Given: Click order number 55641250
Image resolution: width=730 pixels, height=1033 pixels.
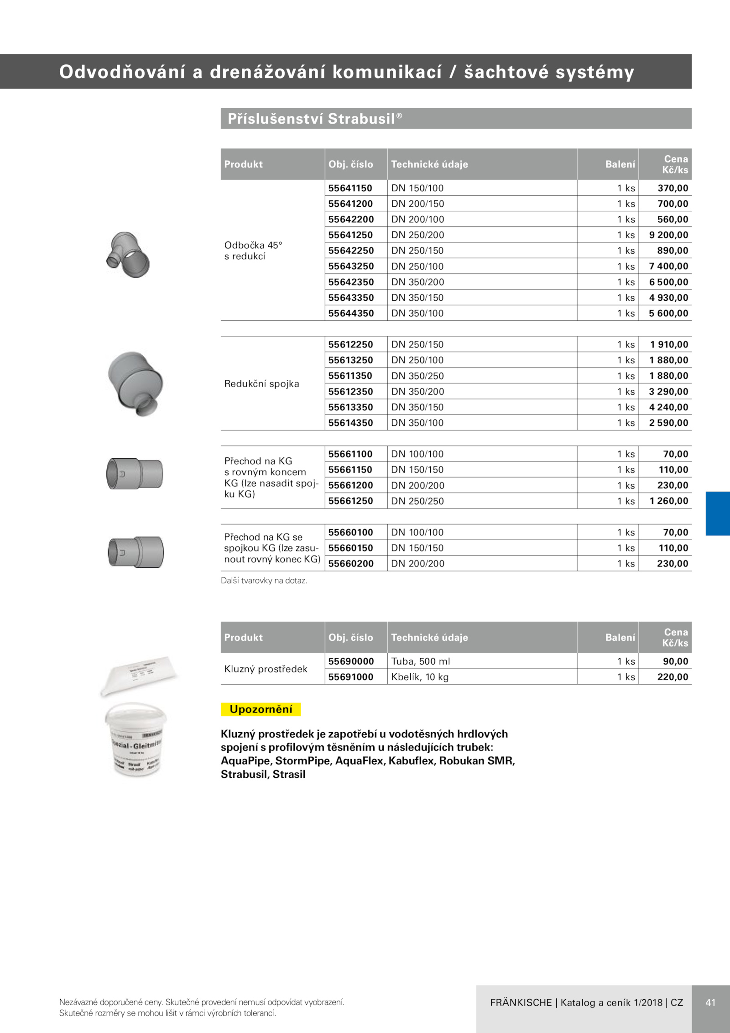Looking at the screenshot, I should click(x=350, y=235).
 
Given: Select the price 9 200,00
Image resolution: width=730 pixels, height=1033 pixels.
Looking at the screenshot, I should click(x=668, y=235).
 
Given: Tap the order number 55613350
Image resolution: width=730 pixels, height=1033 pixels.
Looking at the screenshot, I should click(x=350, y=407).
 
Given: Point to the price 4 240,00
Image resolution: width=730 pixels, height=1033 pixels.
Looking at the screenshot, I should click(x=668, y=407).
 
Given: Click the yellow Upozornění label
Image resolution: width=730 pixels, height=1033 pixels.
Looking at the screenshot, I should click(x=261, y=709).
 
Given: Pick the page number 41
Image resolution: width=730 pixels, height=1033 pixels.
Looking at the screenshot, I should click(x=710, y=1002).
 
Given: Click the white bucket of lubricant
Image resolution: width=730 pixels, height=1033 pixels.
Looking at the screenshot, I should click(x=136, y=739).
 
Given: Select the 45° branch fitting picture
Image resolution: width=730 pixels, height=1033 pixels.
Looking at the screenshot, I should click(x=128, y=255).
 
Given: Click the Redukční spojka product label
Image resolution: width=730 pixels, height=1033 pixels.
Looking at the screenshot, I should click(x=261, y=384).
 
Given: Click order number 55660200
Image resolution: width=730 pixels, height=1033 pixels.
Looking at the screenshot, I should click(x=350, y=564).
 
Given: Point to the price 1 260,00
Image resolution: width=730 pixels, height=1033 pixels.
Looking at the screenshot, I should click(x=669, y=501).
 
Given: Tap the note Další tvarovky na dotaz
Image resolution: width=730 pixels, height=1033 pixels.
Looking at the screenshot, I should click(x=264, y=581).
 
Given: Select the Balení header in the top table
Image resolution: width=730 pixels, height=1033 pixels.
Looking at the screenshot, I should click(x=620, y=164).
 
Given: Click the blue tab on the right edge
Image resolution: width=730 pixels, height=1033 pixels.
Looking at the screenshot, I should click(x=718, y=514).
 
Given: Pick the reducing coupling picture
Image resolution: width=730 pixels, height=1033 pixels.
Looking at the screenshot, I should click(x=136, y=384).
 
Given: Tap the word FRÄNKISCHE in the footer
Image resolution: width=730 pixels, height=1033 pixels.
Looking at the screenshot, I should click(x=521, y=1002).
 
